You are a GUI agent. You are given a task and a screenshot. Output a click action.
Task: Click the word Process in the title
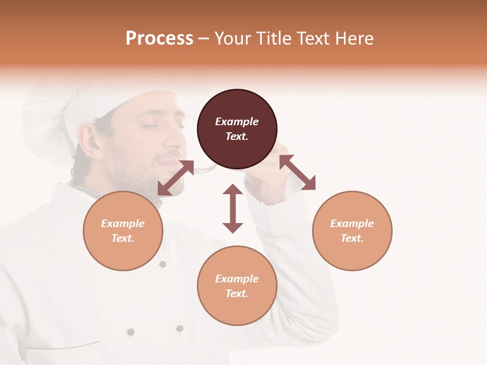pyautogui.click(x=159, y=39)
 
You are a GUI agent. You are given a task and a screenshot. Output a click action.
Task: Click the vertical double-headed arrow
pyautogui.click(x=233, y=208)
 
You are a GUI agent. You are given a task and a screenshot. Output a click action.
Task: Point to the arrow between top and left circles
pyautogui.click(x=176, y=178)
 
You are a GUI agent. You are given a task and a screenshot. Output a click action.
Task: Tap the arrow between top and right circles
pyautogui.click(x=297, y=172)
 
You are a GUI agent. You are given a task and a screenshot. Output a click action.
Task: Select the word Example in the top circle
pyautogui.click(x=237, y=122)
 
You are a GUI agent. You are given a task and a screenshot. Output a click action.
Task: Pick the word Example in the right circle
pyautogui.click(x=352, y=224)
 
